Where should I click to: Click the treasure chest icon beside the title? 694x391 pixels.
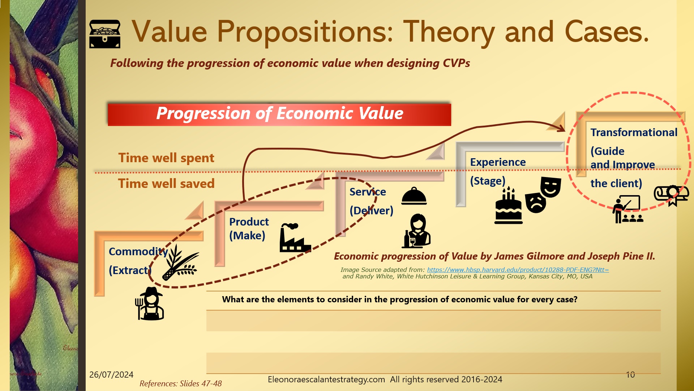pos(104,34)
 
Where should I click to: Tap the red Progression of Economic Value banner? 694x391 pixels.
pos(279,114)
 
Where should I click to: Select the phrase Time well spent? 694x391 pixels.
pos(166,158)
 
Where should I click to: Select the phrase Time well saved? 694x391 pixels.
pos(166,184)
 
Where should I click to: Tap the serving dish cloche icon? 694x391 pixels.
pos(414,196)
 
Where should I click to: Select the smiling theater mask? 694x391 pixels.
pos(551,187)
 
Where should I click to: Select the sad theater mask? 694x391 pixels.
pos(536,203)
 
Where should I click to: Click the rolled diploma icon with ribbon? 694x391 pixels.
pos(671,195)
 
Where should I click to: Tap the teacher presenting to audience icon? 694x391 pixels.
pos(627,209)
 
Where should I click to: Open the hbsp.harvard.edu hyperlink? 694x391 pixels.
pos(518,270)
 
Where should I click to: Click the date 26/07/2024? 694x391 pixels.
pos(111,375)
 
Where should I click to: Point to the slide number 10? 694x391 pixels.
pos(630,375)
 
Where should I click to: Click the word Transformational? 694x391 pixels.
pos(634,133)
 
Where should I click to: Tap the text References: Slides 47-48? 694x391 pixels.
pos(180,384)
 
